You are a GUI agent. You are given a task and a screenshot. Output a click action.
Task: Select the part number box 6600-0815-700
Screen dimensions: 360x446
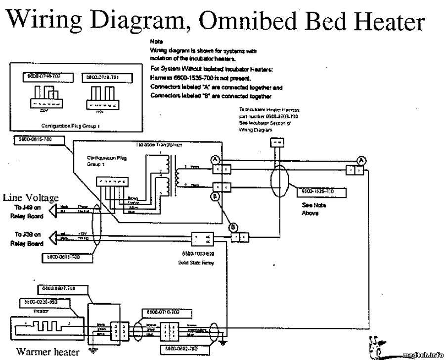click(39, 140)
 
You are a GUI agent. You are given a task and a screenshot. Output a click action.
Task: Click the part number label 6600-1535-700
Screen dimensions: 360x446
click(321, 191)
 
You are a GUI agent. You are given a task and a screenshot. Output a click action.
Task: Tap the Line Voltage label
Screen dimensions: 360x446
click(31, 197)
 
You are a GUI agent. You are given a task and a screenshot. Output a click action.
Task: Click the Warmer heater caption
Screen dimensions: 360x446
click(47, 352)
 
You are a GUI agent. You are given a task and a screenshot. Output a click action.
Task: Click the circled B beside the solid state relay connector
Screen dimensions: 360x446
click(232, 227)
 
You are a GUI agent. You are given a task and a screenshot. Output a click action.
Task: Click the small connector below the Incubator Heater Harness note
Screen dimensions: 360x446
click(275, 142)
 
